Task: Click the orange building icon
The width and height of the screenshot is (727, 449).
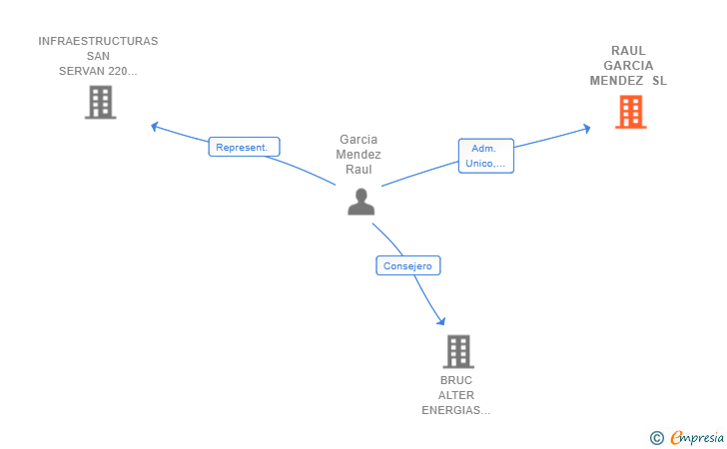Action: (x=630, y=112)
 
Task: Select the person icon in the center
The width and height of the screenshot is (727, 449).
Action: (x=362, y=202)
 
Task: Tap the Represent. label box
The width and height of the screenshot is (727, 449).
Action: (x=244, y=147)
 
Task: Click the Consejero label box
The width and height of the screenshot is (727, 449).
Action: (x=408, y=265)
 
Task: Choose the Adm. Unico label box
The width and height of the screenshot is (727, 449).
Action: (x=486, y=156)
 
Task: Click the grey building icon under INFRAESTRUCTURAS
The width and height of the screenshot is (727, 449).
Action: (x=100, y=103)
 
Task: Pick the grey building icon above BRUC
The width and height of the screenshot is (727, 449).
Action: (x=458, y=351)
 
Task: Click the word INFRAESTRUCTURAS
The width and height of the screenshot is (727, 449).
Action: (x=98, y=41)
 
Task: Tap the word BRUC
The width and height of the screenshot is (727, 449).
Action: (x=456, y=380)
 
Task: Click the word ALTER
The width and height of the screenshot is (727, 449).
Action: (x=456, y=395)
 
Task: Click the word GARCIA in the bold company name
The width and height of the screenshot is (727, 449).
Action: (x=628, y=66)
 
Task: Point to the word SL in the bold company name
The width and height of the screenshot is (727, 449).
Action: (x=659, y=81)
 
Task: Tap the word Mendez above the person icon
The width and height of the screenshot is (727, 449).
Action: (x=359, y=155)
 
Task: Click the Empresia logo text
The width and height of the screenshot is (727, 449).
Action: (x=697, y=437)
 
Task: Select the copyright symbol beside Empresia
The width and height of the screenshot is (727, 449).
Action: (x=657, y=438)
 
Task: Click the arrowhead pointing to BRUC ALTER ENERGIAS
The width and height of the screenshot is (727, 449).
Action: (x=441, y=321)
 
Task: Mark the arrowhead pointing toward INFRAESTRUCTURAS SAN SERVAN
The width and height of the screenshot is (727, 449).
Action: (x=155, y=126)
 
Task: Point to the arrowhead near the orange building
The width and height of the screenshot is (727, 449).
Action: (x=587, y=129)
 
